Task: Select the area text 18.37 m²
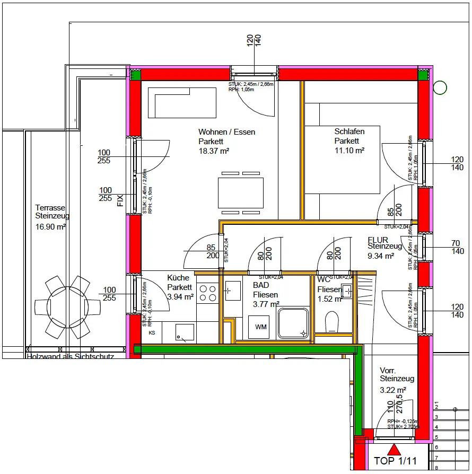tap(214, 151)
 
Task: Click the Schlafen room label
tap(349, 131)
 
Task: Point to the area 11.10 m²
tap(349, 151)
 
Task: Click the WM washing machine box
tap(261, 327)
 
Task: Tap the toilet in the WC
tap(332, 322)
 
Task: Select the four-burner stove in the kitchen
tap(207, 293)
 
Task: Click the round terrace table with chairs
tap(68, 306)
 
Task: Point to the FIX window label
tap(120, 200)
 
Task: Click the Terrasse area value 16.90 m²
tap(50, 226)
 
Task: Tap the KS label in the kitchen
tap(152, 333)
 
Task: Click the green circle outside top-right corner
tap(440, 87)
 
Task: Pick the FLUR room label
tap(378, 240)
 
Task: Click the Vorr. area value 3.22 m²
tap(393, 390)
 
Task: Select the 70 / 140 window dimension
tap(457, 248)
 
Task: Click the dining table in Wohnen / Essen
tap(240, 193)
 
